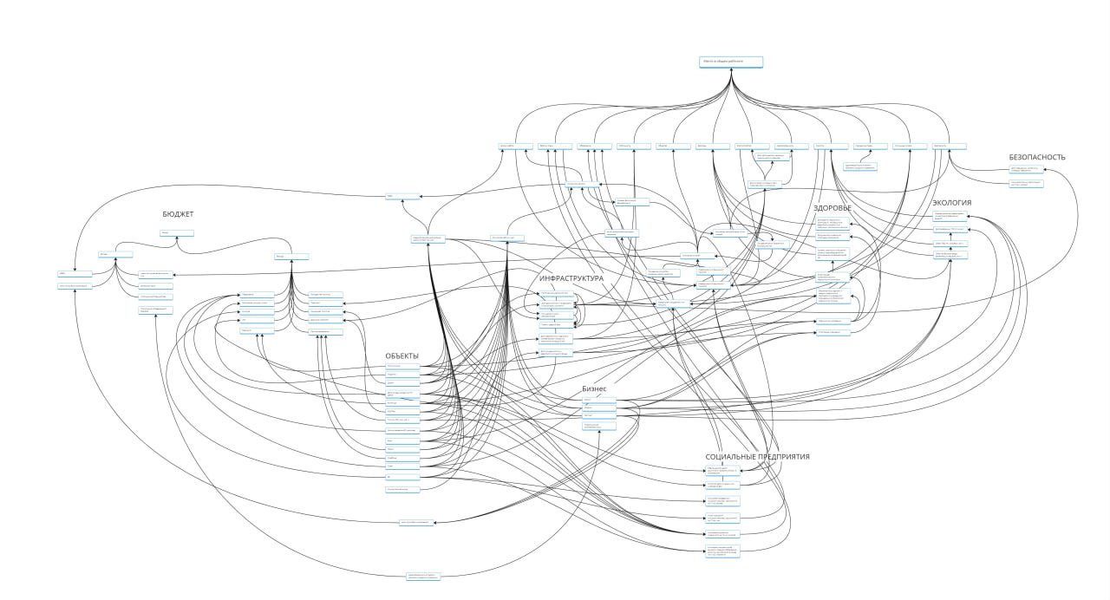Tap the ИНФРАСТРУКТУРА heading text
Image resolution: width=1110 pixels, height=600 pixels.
click(x=571, y=278)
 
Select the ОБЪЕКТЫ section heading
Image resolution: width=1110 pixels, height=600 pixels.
click(x=402, y=356)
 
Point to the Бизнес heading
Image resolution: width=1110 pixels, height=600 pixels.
click(x=594, y=389)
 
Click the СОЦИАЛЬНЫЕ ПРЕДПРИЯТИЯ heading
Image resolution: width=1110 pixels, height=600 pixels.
click(x=757, y=457)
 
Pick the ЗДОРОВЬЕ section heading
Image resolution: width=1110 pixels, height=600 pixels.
click(x=832, y=208)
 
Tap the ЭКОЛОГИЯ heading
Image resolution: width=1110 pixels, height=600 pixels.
click(x=951, y=203)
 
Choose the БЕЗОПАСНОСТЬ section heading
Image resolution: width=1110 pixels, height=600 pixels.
click(x=1037, y=157)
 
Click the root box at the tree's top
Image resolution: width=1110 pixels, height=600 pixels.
click(x=732, y=62)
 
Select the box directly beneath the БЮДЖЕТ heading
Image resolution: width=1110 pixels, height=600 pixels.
click(x=177, y=233)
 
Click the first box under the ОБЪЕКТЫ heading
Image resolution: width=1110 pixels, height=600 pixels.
click(x=403, y=367)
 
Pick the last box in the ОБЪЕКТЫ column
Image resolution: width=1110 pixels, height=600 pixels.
click(x=403, y=490)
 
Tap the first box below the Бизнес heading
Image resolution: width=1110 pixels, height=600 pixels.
click(x=599, y=400)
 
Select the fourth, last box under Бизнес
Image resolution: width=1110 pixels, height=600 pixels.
click(x=599, y=426)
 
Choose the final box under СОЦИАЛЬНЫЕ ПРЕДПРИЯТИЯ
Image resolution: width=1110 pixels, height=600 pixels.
click(x=722, y=551)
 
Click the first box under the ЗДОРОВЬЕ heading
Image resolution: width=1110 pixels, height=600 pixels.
click(x=833, y=223)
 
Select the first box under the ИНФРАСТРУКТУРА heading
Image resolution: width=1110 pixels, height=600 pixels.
click(x=556, y=294)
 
